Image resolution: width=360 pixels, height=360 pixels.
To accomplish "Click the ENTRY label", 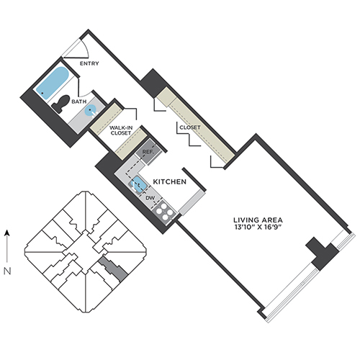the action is tap(89, 63).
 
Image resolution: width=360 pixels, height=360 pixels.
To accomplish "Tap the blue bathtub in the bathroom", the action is tap(53, 81).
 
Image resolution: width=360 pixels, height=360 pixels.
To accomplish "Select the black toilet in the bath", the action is tap(60, 104).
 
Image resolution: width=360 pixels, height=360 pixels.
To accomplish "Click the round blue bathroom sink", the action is tap(91, 111).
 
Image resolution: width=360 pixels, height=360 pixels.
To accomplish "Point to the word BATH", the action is tap(79, 102).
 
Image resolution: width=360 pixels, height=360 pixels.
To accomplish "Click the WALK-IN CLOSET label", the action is tap(121, 130).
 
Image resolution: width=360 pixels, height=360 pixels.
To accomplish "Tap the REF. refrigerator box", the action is tap(148, 152).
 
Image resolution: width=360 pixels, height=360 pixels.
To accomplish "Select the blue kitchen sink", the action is tap(138, 184).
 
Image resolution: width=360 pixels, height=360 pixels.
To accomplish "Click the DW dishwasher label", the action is tap(150, 198).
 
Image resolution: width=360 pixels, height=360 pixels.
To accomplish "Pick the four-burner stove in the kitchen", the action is tap(164, 212).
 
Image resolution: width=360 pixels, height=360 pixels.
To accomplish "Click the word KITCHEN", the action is tap(170, 181).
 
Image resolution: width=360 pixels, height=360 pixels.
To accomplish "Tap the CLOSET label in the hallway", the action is tap(190, 127).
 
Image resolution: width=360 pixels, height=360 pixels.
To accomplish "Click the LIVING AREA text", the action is tap(258, 220).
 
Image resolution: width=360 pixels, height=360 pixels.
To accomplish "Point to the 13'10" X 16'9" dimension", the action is tap(258, 228).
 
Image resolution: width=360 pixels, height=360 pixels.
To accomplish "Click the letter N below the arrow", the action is tap(7, 271).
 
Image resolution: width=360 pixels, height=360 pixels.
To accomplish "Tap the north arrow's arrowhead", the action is tap(7, 233).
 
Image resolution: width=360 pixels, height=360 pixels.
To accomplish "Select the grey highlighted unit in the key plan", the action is tap(113, 268).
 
